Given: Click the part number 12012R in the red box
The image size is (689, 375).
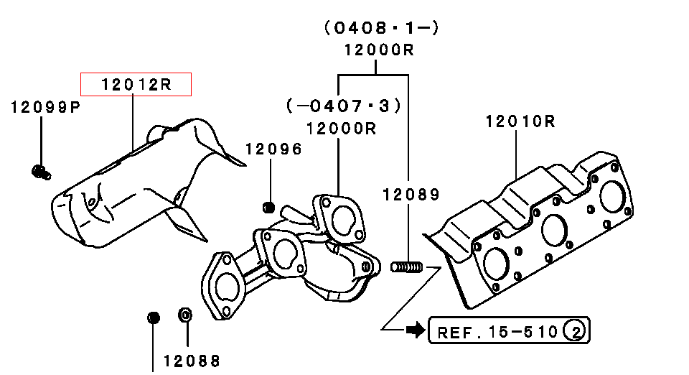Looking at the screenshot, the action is [x=136, y=84].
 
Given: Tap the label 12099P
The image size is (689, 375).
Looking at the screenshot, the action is [x=46, y=107].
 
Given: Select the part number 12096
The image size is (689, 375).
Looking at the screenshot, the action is [x=273, y=149].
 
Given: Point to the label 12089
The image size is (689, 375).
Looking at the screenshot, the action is [x=411, y=194].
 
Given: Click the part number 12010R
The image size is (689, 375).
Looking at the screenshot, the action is [x=521, y=121].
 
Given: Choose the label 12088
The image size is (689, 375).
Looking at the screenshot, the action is [x=192, y=361].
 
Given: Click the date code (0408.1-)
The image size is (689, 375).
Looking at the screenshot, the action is [x=381, y=28].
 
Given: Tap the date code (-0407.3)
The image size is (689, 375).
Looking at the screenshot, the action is [x=344, y=106].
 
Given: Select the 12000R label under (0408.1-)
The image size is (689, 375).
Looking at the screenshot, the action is [x=379, y=50].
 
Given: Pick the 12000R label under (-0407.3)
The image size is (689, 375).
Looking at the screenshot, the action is [x=341, y=129].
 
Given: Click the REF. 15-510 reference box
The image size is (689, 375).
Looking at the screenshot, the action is [x=509, y=330].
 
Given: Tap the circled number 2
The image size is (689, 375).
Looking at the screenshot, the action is [x=575, y=330].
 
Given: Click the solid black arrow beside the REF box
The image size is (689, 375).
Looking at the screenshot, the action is [x=416, y=330].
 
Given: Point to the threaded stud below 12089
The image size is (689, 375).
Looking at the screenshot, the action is [x=406, y=267].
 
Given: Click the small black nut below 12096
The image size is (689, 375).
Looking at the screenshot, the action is [x=268, y=207].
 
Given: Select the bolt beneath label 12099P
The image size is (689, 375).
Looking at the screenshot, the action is [x=42, y=172].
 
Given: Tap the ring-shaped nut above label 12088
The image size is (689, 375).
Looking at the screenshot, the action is [x=185, y=315].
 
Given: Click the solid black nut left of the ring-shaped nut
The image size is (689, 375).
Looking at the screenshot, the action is [x=154, y=318].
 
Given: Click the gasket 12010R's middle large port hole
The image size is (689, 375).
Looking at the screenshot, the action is [x=555, y=230].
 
